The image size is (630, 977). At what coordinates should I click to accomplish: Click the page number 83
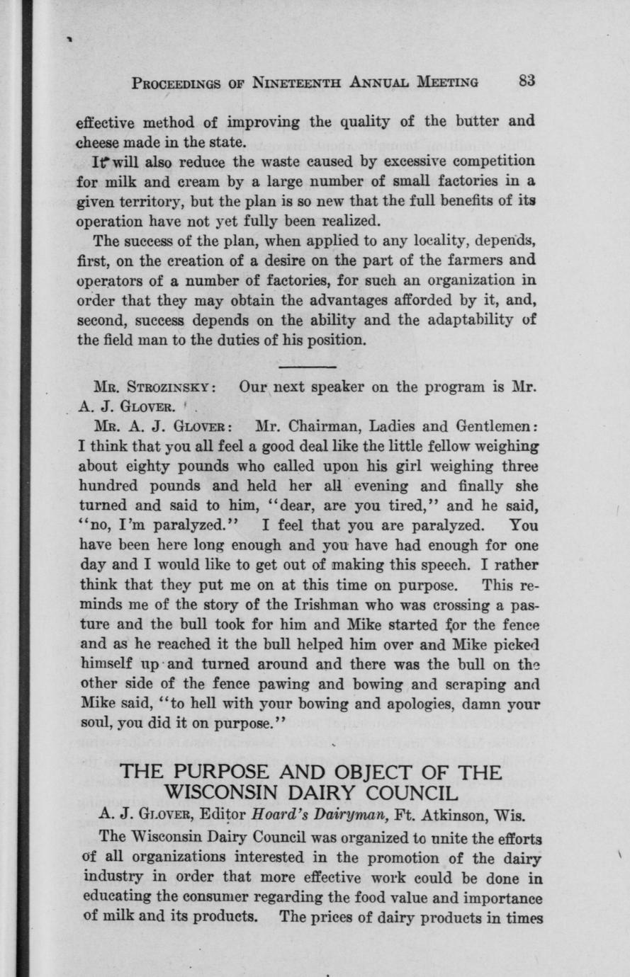click(525, 81)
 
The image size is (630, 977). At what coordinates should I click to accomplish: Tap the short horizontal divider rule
click(308, 367)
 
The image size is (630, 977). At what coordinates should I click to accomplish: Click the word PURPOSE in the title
click(226, 771)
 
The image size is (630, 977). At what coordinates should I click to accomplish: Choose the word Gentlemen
click(496, 427)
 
